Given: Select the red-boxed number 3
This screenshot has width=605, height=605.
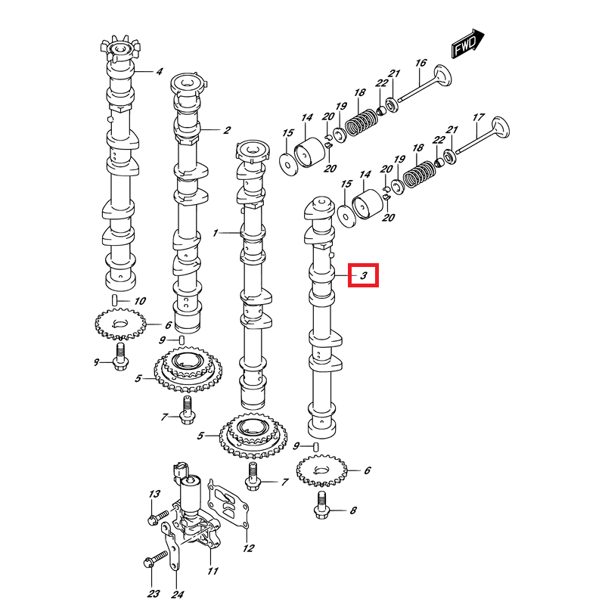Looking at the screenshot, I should (363, 276).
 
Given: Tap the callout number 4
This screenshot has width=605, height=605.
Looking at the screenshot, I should (160, 73).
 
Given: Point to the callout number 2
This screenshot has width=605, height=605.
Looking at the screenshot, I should (226, 130).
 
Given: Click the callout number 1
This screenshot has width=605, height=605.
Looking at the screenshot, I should (215, 233).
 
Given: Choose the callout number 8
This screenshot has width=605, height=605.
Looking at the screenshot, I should (352, 512).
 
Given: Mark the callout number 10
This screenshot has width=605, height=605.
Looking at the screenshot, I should (139, 301).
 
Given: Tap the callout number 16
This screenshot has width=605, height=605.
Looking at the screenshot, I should (421, 63).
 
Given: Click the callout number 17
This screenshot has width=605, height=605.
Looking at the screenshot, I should (478, 117).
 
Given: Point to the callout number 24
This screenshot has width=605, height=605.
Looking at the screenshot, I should (178, 594).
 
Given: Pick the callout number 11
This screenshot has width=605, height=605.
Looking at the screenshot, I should (213, 571).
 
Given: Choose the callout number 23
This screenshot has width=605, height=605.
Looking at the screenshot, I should (154, 594).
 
